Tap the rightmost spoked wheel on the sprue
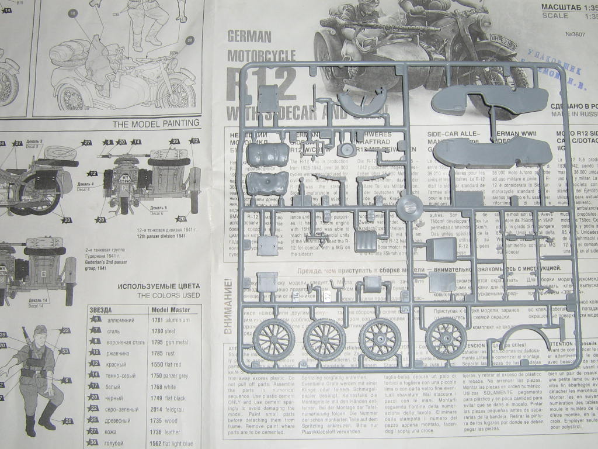tap(447, 339)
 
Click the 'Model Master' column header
tap(171, 309)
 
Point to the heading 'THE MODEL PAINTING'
tap(156, 123)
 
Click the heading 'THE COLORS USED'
tap(168, 296)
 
